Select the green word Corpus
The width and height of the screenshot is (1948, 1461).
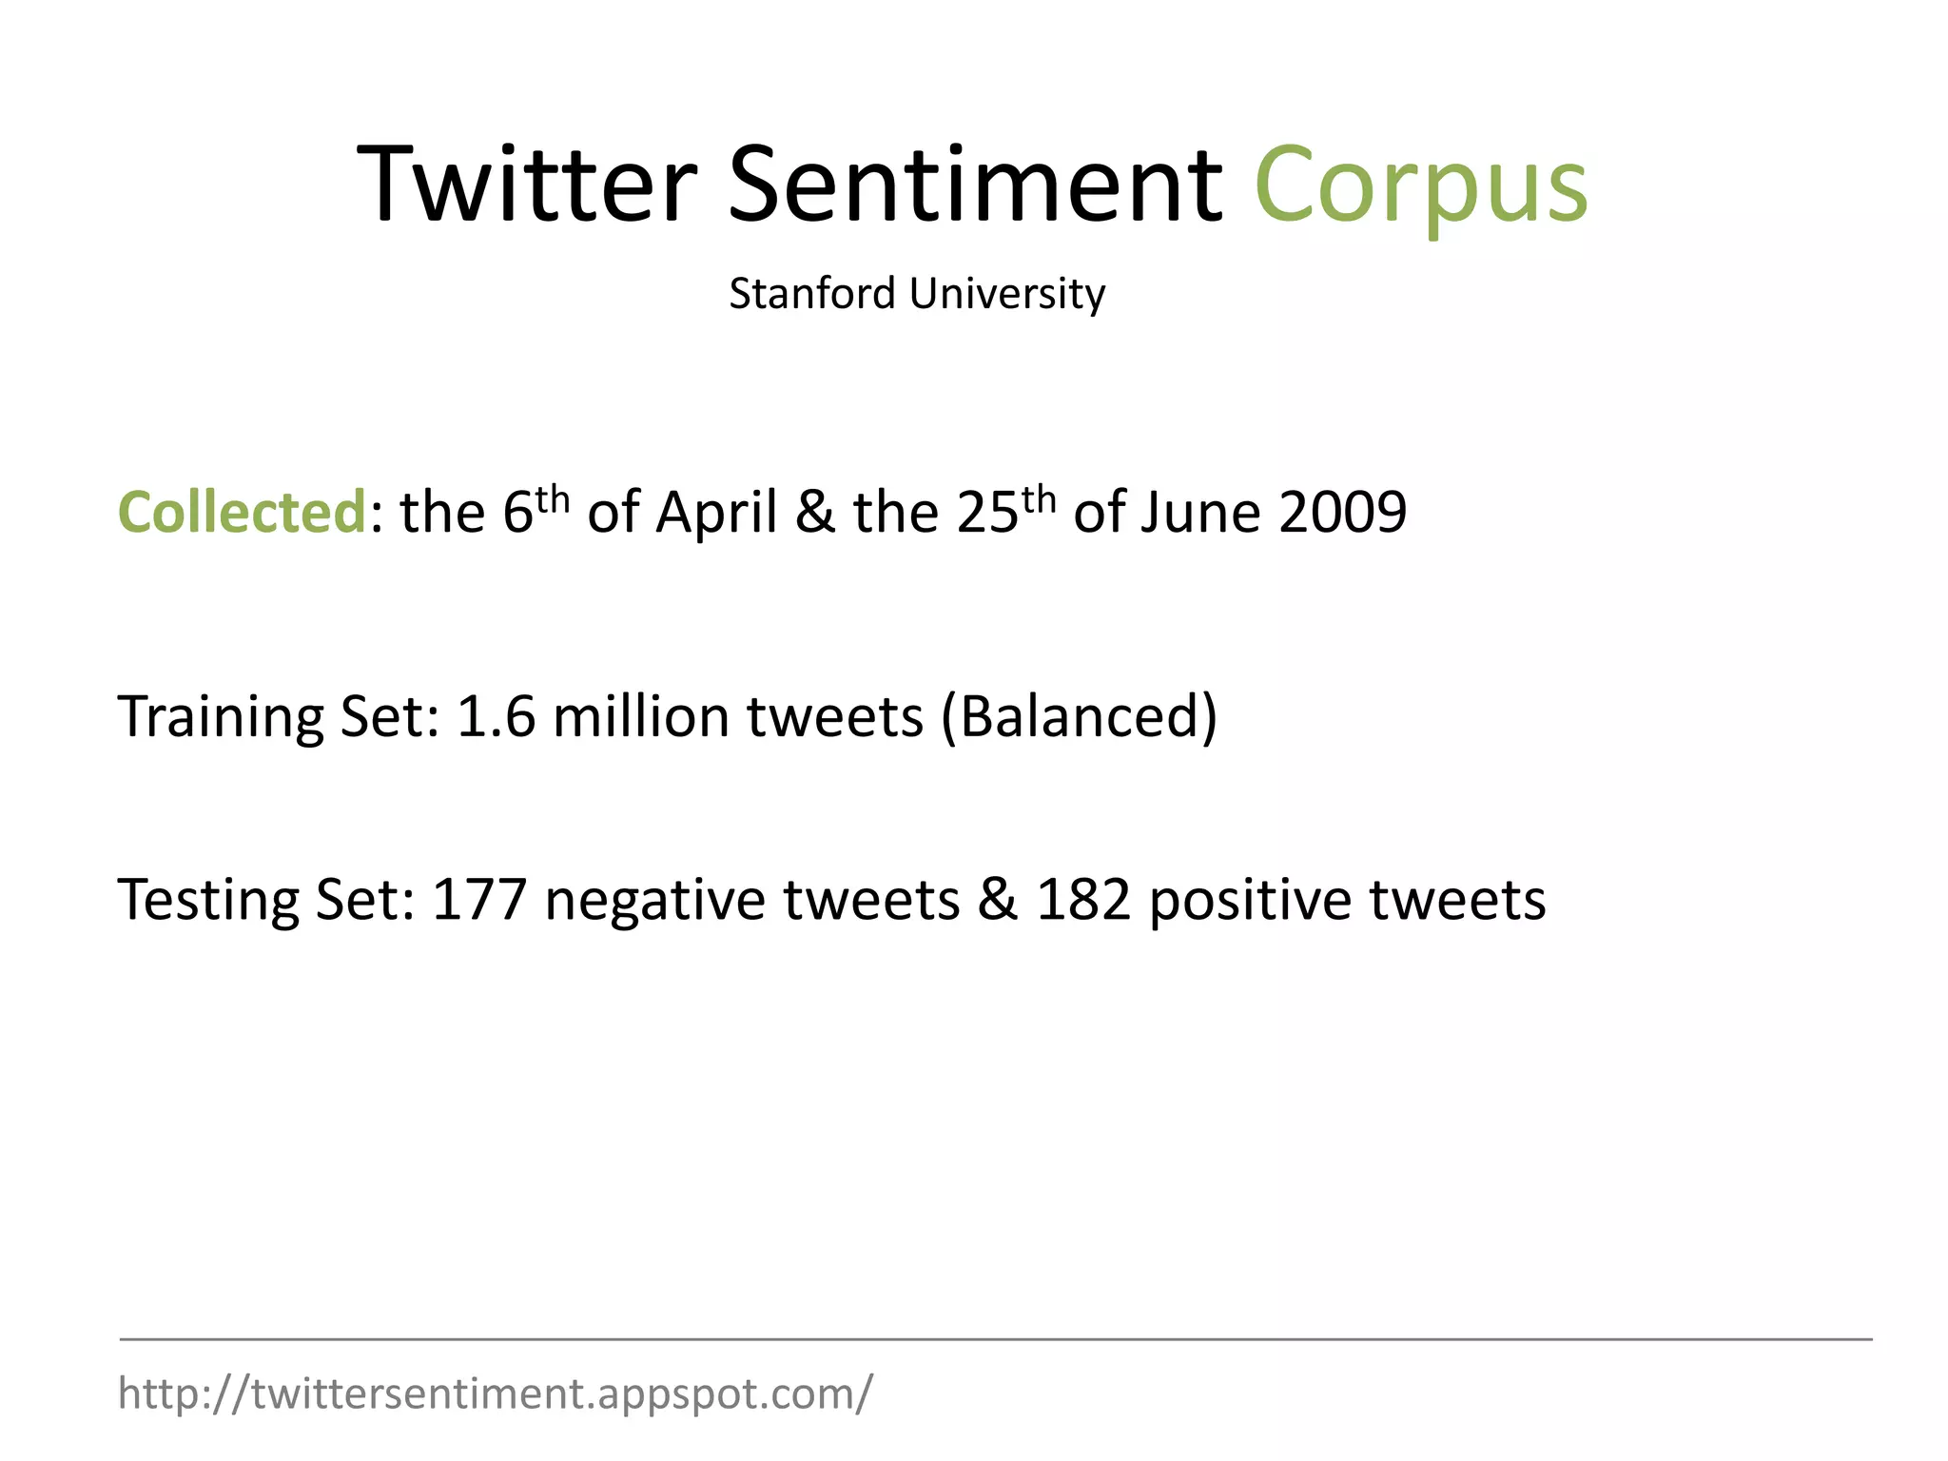1421,185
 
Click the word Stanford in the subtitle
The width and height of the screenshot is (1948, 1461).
812,293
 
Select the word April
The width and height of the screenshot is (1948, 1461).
716,514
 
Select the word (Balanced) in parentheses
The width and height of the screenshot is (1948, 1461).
1079,718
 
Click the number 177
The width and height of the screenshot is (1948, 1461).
479,899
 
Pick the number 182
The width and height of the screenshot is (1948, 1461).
1083,899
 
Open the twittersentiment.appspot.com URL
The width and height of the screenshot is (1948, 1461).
495,1393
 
